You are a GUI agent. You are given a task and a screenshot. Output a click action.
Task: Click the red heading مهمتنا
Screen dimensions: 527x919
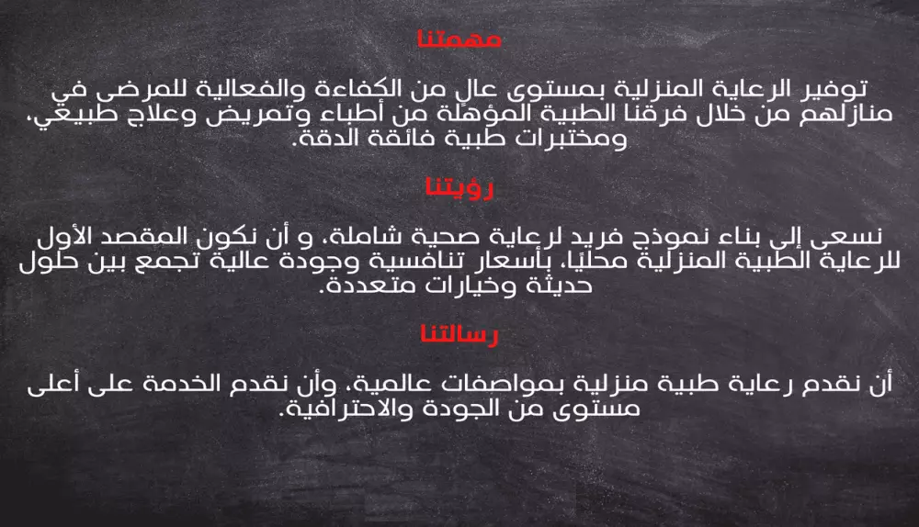tap(459, 40)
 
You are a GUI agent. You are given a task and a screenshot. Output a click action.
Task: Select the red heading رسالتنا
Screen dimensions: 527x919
tap(459, 335)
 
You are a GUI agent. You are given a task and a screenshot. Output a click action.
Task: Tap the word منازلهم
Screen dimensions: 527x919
tap(834, 117)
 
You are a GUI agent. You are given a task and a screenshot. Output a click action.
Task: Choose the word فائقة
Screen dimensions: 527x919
tap(389, 141)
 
